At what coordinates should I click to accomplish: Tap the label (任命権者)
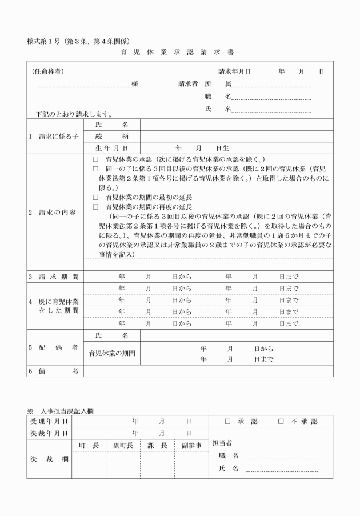(x=47, y=71)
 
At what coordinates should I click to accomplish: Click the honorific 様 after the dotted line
(x=134, y=84)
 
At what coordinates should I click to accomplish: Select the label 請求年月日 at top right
(x=234, y=71)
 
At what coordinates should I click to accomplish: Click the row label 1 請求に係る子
(x=54, y=136)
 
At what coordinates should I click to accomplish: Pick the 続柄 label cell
(x=112, y=137)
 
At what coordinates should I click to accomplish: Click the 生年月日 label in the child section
(x=112, y=148)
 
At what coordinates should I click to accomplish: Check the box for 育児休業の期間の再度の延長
(x=95, y=206)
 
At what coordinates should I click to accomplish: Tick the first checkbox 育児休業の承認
(x=95, y=159)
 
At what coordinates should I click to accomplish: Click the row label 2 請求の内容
(x=54, y=213)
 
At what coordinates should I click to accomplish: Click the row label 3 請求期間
(x=54, y=277)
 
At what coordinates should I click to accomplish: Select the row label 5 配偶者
(x=54, y=347)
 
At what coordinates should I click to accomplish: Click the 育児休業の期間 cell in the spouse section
(x=112, y=353)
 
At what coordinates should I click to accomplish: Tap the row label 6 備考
(x=54, y=371)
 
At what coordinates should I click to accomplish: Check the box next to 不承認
(x=281, y=421)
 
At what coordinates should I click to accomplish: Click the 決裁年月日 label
(x=49, y=433)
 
